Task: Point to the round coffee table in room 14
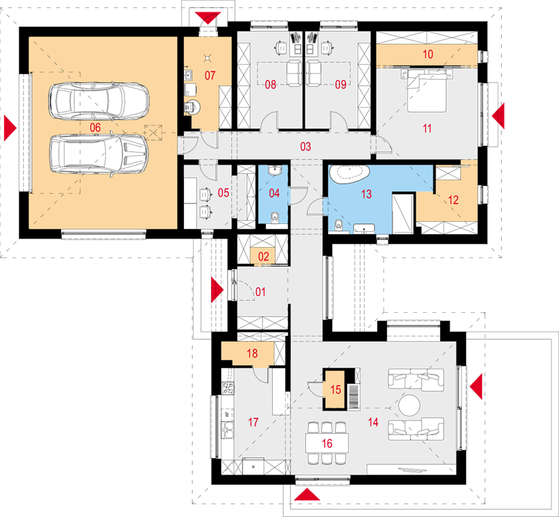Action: pos(410,406)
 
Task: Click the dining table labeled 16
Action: pos(326,443)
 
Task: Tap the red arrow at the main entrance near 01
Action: pos(217,290)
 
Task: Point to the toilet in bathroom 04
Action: pos(274,217)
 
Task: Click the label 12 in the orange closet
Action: pos(454,200)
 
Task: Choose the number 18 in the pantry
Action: pos(252,353)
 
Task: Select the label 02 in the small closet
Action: pos(263,257)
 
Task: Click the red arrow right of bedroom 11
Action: pos(497,114)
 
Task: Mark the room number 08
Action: pos(271,85)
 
